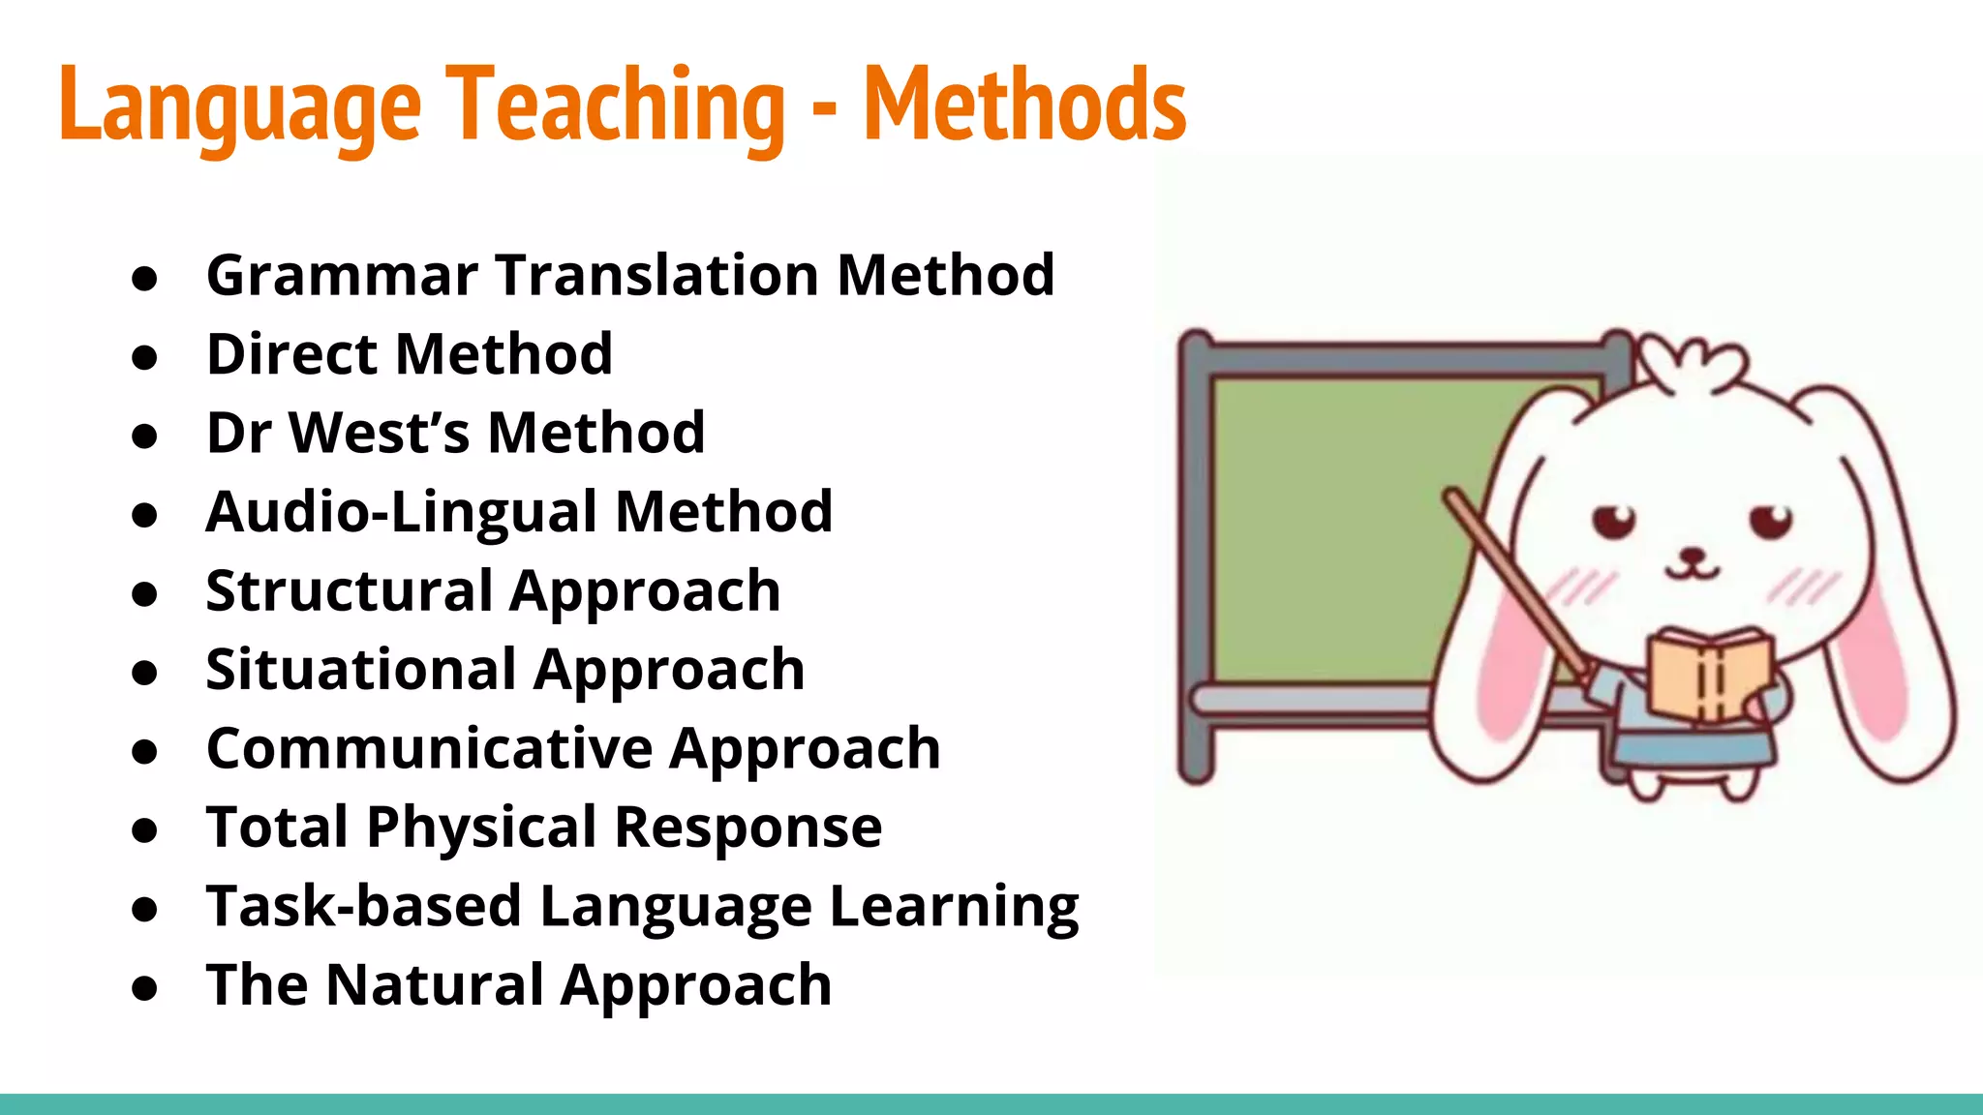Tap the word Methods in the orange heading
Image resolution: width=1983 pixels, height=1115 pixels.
pyautogui.click(x=1024, y=105)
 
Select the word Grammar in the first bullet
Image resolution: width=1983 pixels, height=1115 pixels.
pyautogui.click(x=342, y=275)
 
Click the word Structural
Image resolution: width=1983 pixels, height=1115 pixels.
pyautogui.click(x=350, y=590)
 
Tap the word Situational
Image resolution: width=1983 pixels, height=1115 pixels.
pyautogui.click(x=361, y=670)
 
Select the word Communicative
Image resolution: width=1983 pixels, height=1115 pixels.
pyautogui.click(x=429, y=748)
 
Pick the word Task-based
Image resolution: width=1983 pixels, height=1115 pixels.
pyautogui.click(x=363, y=906)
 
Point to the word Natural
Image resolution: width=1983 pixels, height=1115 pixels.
pyautogui.click(x=435, y=984)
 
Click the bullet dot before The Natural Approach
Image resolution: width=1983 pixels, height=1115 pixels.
pyautogui.click(x=144, y=989)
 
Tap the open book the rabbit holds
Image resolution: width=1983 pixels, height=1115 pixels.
pyautogui.click(x=1710, y=675)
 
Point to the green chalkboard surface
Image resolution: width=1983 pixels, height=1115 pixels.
pyautogui.click(x=1336, y=523)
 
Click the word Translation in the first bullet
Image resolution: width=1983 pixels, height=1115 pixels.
pyautogui.click(x=657, y=275)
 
